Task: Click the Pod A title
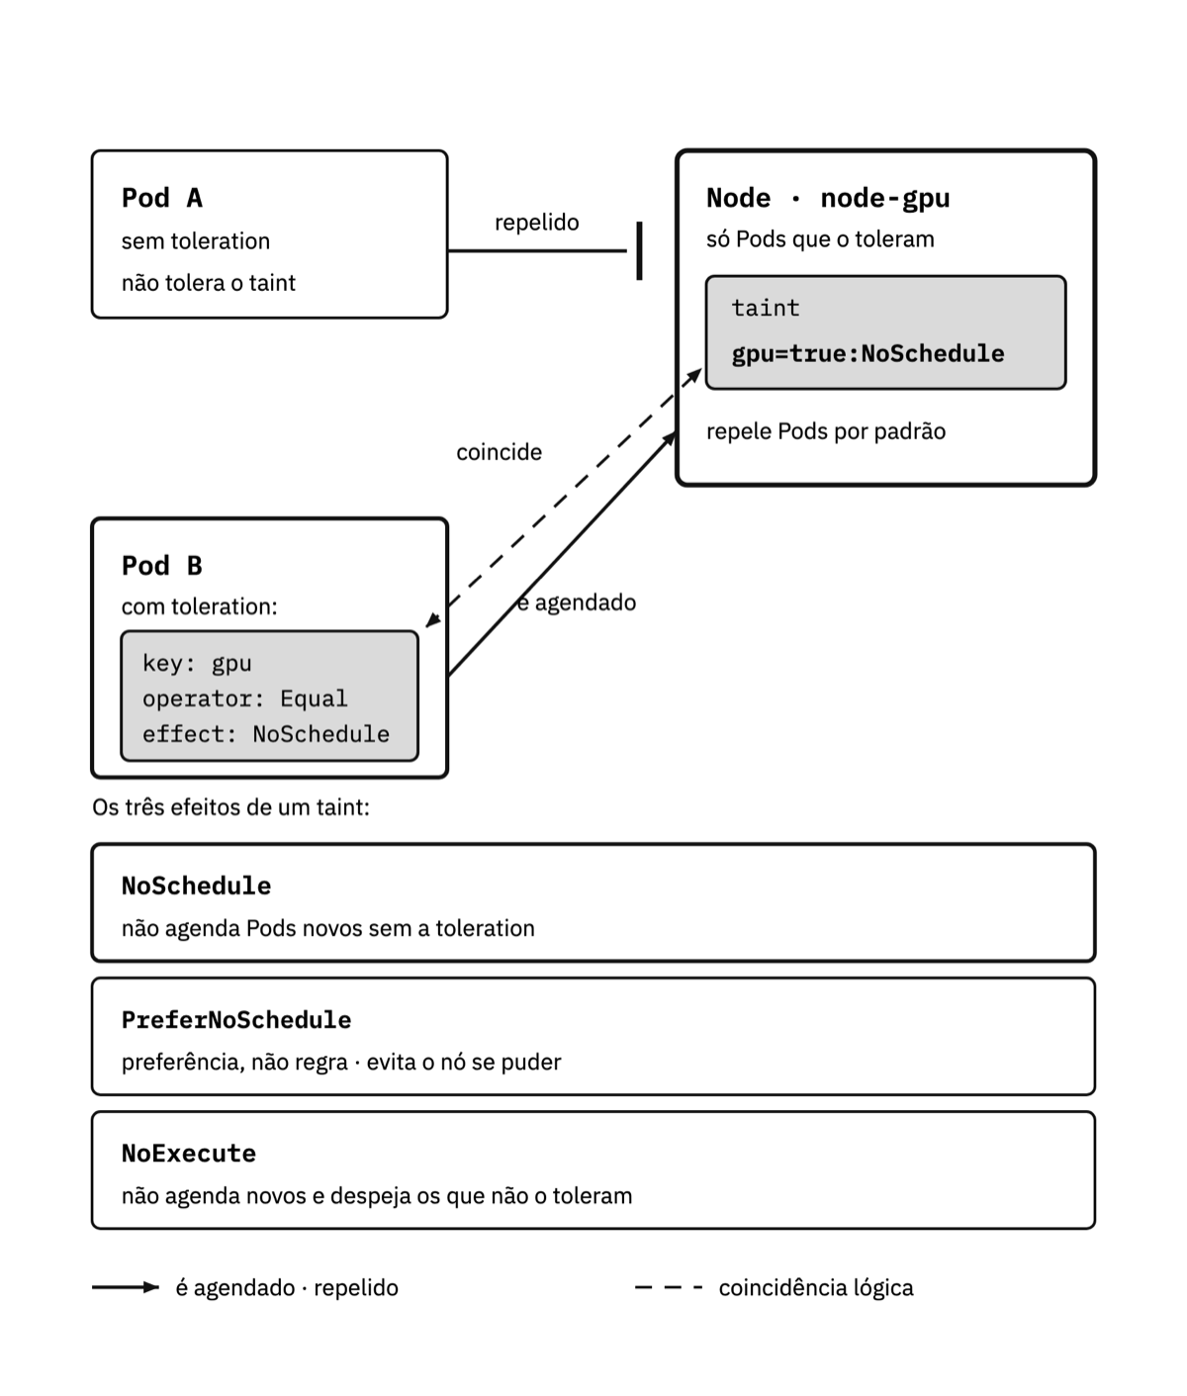[x=162, y=198]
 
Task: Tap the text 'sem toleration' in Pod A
[x=196, y=241]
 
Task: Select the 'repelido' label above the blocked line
[x=537, y=223]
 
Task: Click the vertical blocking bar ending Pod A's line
[x=639, y=250]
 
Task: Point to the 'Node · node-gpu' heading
[x=828, y=198]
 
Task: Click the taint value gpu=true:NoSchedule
[x=867, y=353]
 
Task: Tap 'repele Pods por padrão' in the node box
[x=826, y=431]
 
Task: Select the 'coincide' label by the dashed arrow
[x=499, y=452]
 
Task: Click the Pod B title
[x=162, y=565]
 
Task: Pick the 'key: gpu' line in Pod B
[x=197, y=663]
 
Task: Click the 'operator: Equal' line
[x=245, y=698]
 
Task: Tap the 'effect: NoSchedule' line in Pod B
[x=266, y=733]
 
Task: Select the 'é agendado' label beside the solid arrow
[x=577, y=603]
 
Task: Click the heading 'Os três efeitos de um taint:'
[x=230, y=807]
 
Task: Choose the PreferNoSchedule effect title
[x=236, y=1020]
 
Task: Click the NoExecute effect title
[x=189, y=1154]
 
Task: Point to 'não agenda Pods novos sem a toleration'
[x=328, y=929]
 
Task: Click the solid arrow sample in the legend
[x=126, y=1287]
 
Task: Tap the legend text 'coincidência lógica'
[x=816, y=1288]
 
